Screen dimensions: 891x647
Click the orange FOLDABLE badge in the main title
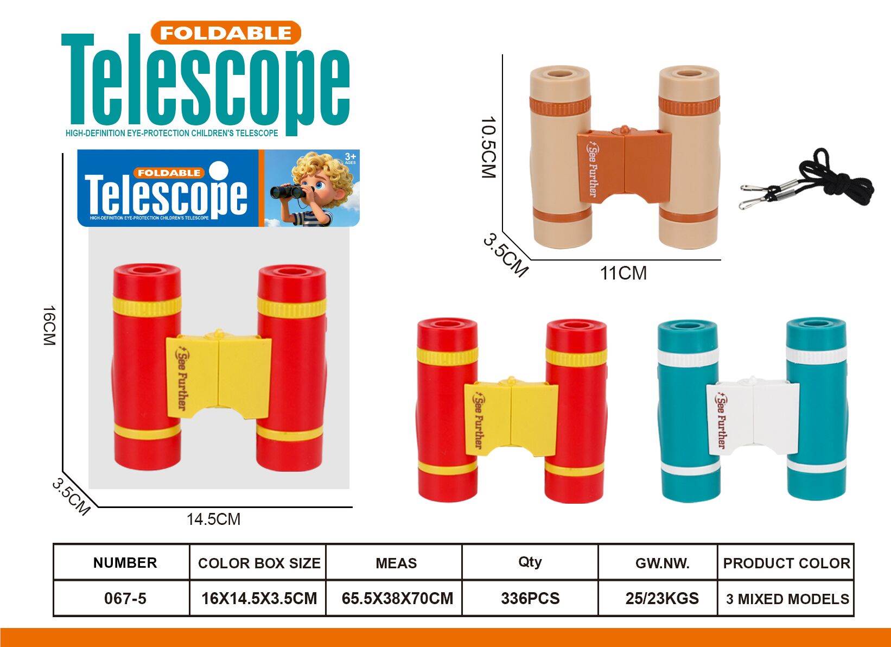(226, 33)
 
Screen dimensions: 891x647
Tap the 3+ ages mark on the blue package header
(350, 157)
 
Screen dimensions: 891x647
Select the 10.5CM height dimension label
(488, 147)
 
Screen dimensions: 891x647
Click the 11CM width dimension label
(623, 274)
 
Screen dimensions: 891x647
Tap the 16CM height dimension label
(49, 326)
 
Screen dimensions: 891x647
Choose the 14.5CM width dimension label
(214, 519)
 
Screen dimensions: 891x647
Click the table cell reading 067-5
(125, 599)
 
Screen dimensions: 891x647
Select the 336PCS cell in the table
(530, 599)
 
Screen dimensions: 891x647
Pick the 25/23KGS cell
(662, 599)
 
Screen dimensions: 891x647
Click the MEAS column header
(396, 563)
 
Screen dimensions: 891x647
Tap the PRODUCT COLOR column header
(786, 563)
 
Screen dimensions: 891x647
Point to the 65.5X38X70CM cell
(397, 599)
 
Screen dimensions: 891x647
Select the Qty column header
(530, 562)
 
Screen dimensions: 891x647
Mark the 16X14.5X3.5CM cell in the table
(259, 599)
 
